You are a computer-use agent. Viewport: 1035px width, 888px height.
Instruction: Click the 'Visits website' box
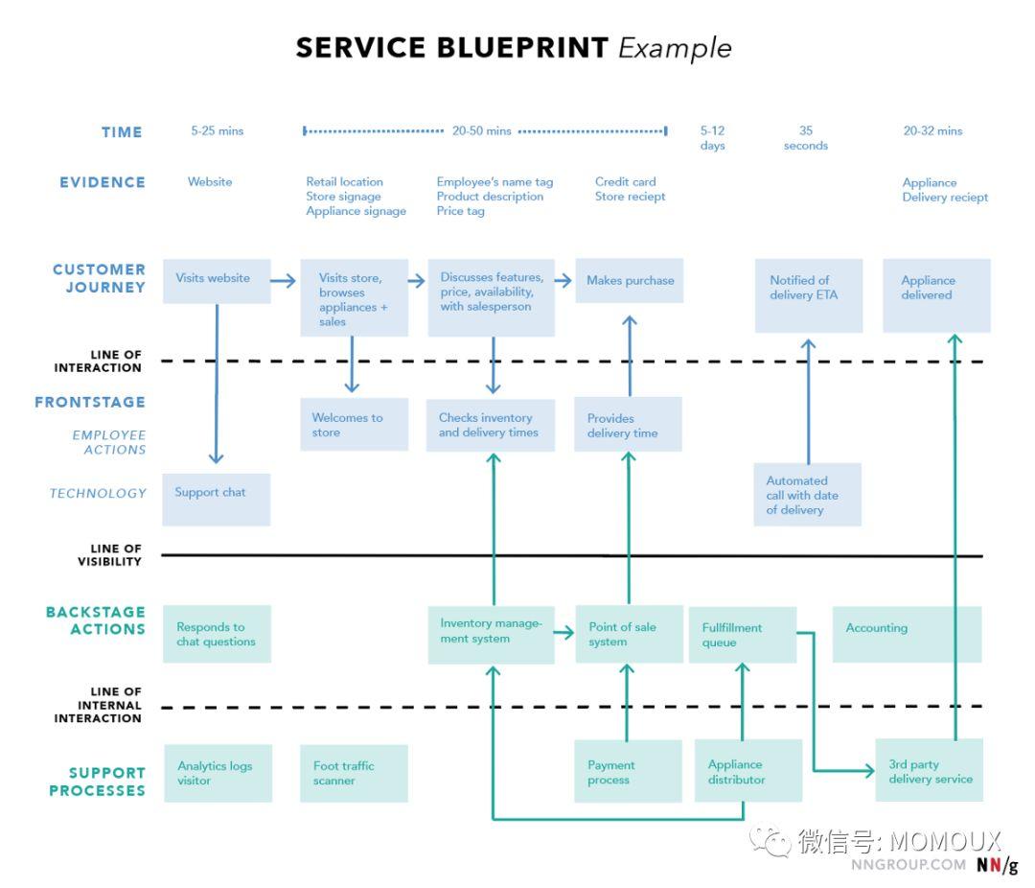(217, 282)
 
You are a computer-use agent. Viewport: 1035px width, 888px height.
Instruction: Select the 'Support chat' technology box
(216, 500)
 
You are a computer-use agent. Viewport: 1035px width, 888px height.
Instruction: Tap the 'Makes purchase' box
(629, 281)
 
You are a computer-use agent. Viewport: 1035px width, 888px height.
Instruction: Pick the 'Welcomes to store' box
(354, 424)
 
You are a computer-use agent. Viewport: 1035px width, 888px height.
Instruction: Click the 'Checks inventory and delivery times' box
(491, 425)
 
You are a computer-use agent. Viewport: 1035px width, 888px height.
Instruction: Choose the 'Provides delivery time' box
(628, 424)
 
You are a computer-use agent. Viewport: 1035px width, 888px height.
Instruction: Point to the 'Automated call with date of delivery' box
(807, 494)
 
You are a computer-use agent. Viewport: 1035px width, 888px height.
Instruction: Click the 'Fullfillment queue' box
(743, 634)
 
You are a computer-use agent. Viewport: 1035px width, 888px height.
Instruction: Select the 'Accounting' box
(907, 634)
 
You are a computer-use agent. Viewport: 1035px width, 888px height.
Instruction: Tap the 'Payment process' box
(628, 771)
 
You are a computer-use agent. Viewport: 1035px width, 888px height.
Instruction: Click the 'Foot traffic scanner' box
(354, 774)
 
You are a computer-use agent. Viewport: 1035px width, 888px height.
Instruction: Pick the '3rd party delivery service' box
(930, 770)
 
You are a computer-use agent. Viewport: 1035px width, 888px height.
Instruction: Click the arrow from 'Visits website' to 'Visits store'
(283, 281)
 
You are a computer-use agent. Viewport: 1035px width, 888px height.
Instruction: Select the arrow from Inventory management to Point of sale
(563, 633)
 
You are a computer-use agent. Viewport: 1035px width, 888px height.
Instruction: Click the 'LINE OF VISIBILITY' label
(109, 555)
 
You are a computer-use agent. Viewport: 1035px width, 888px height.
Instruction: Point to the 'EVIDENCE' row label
(103, 182)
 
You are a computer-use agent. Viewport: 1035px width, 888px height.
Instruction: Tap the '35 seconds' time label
(806, 138)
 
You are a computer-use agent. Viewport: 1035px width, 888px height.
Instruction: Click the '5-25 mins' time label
(218, 130)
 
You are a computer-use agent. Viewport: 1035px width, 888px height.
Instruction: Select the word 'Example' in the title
(675, 48)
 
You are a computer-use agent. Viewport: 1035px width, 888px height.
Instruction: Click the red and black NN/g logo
(998, 864)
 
